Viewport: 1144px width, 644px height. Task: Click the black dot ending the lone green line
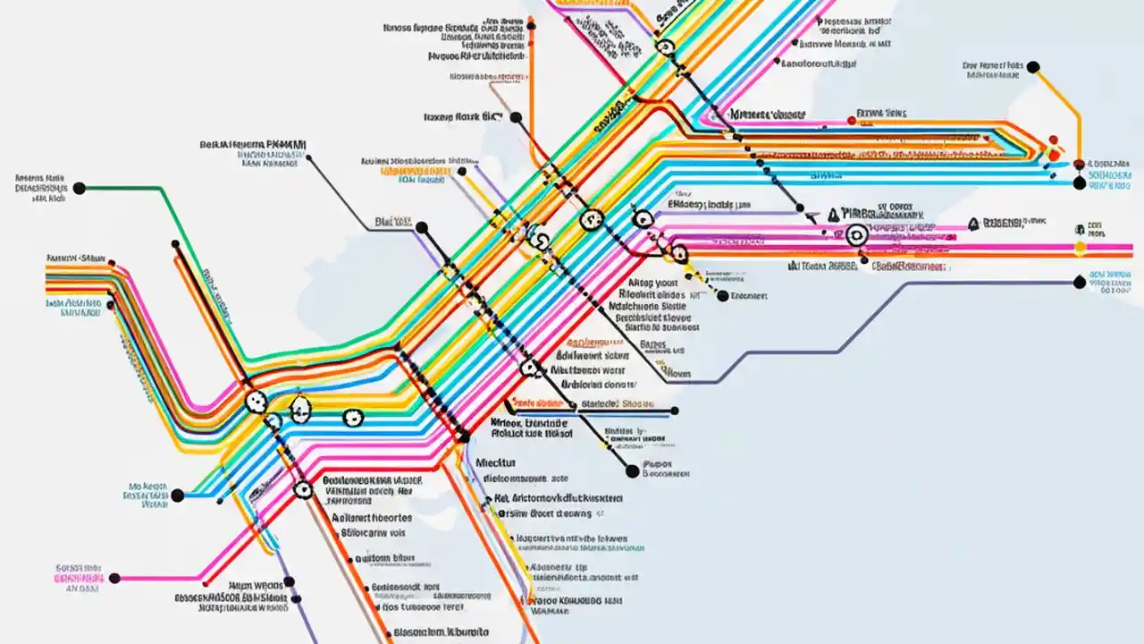point(79,188)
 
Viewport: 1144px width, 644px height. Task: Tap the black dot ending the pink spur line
point(114,579)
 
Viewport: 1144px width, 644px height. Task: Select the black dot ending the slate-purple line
point(1079,283)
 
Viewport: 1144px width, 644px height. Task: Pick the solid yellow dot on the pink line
point(1079,247)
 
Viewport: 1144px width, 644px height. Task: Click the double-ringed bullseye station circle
point(855,234)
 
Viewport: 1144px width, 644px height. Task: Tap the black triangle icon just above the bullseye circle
point(834,214)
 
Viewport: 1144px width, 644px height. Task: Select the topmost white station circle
point(663,47)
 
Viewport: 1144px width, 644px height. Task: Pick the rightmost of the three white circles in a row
point(353,417)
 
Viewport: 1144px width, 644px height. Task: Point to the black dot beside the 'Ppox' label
point(633,470)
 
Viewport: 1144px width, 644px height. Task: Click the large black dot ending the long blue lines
point(1079,183)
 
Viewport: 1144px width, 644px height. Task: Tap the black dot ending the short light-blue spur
point(177,496)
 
